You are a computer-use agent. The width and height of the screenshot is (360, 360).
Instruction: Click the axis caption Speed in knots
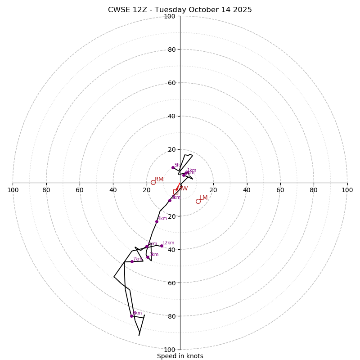pos(180,356)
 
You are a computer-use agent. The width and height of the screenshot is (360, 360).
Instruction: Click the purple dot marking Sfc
pos(173,167)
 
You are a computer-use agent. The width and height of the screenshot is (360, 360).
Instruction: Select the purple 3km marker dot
pos(170,200)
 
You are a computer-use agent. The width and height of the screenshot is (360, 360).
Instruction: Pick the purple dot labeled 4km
pos(157,221)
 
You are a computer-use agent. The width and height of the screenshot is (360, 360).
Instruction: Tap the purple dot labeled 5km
pos(148,257)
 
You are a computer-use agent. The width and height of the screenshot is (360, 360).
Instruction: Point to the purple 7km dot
pos(132,261)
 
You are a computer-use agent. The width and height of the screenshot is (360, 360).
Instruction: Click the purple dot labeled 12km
pos(162,246)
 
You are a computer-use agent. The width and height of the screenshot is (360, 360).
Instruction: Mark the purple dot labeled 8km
pos(132,316)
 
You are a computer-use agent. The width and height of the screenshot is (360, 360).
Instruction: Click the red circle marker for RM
pos(153,182)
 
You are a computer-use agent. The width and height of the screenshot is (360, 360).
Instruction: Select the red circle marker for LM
pos(198,201)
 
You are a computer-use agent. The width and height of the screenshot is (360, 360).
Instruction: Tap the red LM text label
pos(203,198)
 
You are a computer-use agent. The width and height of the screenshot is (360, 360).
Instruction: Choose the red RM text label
pos(159,180)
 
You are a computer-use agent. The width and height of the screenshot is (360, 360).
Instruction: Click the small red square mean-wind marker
pos(175,192)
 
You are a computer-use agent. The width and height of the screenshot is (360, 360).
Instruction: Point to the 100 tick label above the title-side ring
pos(170,16)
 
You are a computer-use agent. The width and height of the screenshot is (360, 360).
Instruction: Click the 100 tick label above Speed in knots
pos(170,350)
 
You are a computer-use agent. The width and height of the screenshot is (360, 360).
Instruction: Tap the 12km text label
pos(168,243)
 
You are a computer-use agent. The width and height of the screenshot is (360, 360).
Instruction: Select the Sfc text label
pos(177,165)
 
